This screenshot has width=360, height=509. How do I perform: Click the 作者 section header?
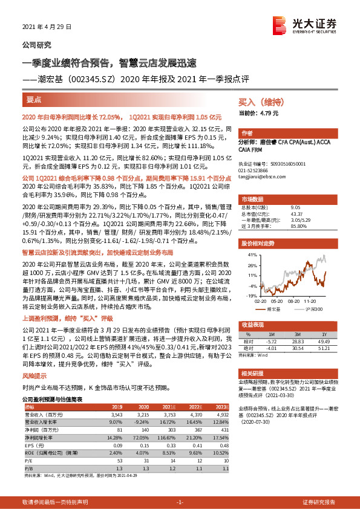247,133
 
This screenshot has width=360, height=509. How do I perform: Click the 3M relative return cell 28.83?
297,342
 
